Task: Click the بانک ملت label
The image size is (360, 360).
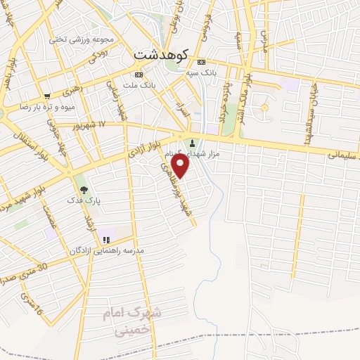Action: [139, 85]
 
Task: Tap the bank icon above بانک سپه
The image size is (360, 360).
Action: [202, 61]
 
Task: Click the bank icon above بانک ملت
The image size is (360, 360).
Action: [139, 75]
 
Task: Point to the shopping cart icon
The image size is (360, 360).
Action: [47, 96]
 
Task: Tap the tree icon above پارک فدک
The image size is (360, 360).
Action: [84, 190]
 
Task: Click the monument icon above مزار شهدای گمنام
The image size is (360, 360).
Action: [193, 143]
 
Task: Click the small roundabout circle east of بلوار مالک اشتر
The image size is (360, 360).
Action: [264, 108]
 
